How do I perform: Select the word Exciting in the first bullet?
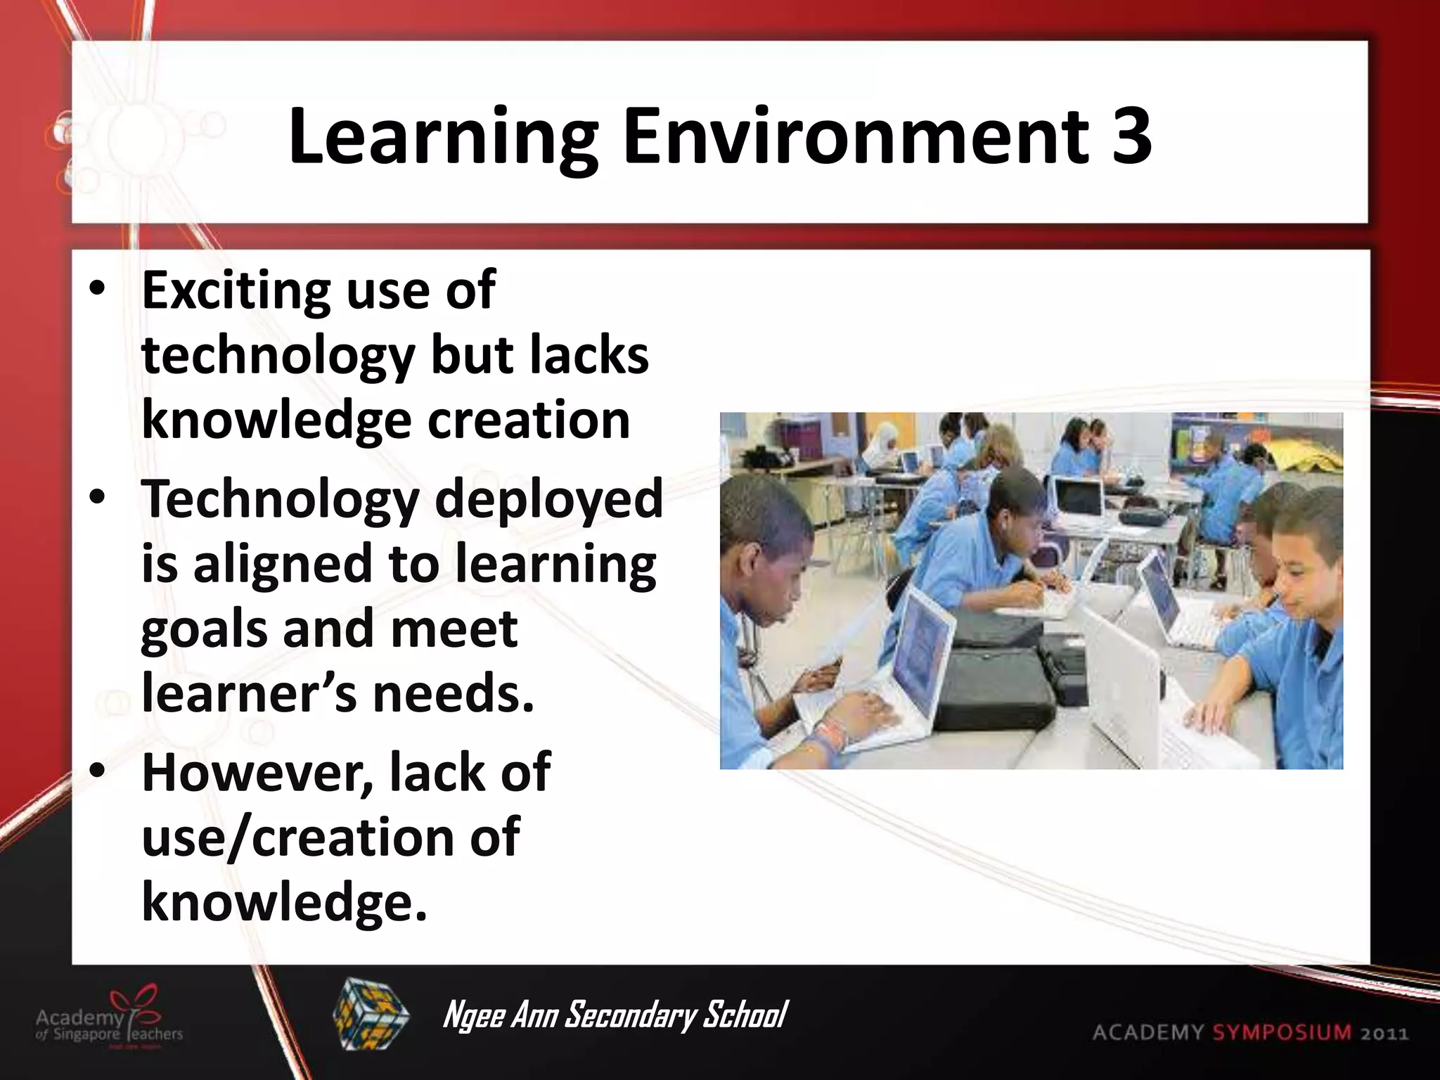pos(235,290)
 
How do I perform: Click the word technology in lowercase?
pos(278,356)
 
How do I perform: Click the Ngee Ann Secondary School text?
pos(614,1015)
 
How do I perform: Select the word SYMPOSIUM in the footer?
pos(1281,1033)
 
